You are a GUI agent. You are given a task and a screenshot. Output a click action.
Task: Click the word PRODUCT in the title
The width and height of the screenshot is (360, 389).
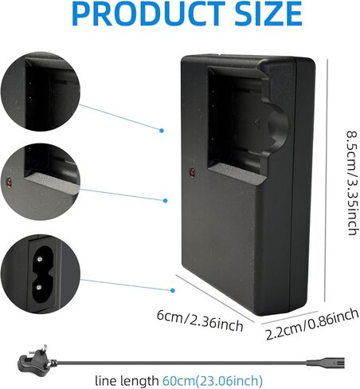click(148, 14)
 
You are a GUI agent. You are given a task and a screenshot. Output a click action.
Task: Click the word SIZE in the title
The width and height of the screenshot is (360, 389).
click(268, 14)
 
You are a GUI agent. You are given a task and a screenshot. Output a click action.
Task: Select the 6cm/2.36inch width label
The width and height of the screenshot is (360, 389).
click(200, 321)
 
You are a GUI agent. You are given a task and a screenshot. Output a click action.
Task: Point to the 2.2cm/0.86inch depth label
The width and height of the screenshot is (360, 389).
click(312, 324)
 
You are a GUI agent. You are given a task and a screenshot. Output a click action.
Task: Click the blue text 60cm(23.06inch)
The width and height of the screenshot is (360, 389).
click(213, 380)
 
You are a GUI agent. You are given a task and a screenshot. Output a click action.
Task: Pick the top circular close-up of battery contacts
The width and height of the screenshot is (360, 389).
click(41, 92)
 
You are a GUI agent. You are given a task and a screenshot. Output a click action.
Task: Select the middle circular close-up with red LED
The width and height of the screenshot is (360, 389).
click(41, 182)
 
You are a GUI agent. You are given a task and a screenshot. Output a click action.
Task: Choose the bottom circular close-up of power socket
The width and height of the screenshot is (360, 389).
click(41, 274)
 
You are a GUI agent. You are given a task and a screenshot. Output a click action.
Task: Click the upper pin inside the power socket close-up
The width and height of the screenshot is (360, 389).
click(40, 259)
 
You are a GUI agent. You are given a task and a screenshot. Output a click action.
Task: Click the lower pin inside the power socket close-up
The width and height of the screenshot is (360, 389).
click(40, 287)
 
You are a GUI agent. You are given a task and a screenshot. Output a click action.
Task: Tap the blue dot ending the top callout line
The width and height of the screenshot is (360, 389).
click(162, 131)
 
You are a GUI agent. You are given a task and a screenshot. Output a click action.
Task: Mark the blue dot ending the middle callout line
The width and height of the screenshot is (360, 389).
click(166, 201)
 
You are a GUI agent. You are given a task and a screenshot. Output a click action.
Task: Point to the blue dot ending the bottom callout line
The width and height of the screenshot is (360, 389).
click(173, 290)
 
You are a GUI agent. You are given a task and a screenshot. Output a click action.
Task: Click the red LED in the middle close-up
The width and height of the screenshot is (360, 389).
click(10, 182)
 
